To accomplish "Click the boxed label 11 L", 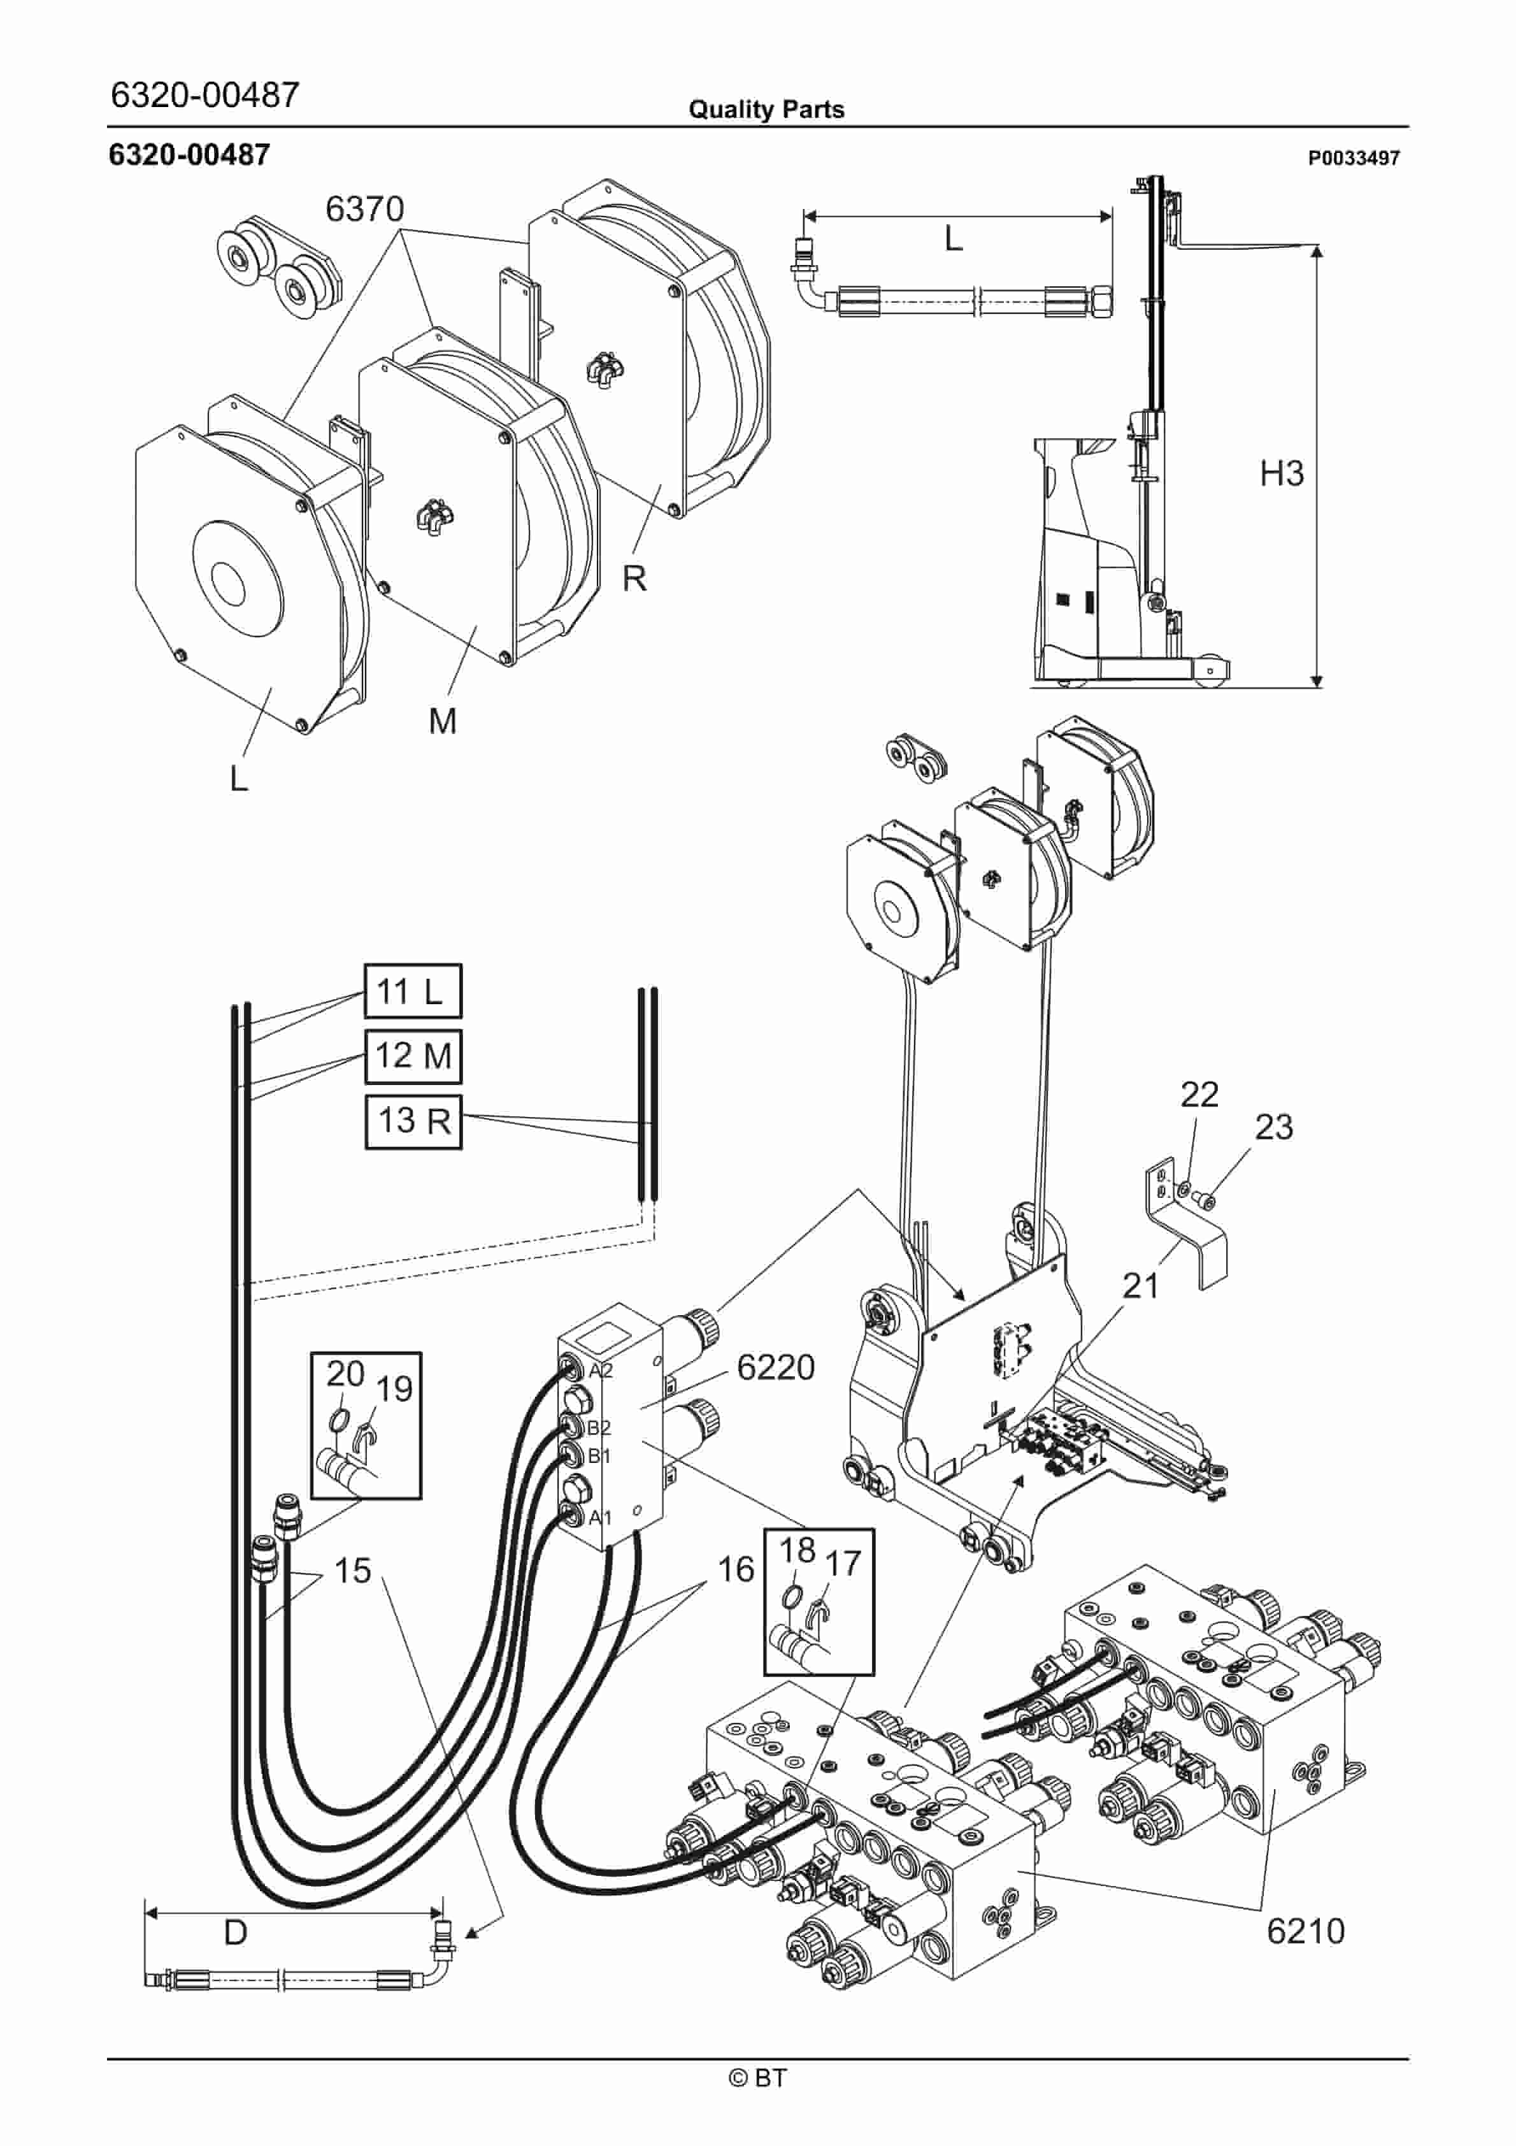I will (411, 991).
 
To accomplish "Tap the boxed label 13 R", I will (412, 1121).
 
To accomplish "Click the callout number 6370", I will (364, 208).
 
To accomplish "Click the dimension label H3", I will (1282, 474).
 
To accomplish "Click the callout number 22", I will (1199, 1095).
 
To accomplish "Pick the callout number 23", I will (1273, 1127).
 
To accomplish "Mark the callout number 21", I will (1140, 1286).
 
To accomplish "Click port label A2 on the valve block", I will (600, 1371).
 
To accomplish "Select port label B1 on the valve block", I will (598, 1456).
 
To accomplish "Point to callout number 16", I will (736, 1569).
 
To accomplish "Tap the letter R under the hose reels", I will (634, 579).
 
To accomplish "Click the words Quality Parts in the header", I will (766, 110).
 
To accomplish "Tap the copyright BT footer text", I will (757, 2078).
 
